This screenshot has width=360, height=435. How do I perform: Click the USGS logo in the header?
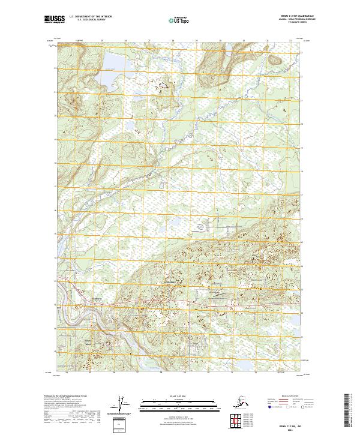coord(55,20)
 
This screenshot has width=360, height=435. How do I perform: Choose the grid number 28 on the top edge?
coord(173,41)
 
